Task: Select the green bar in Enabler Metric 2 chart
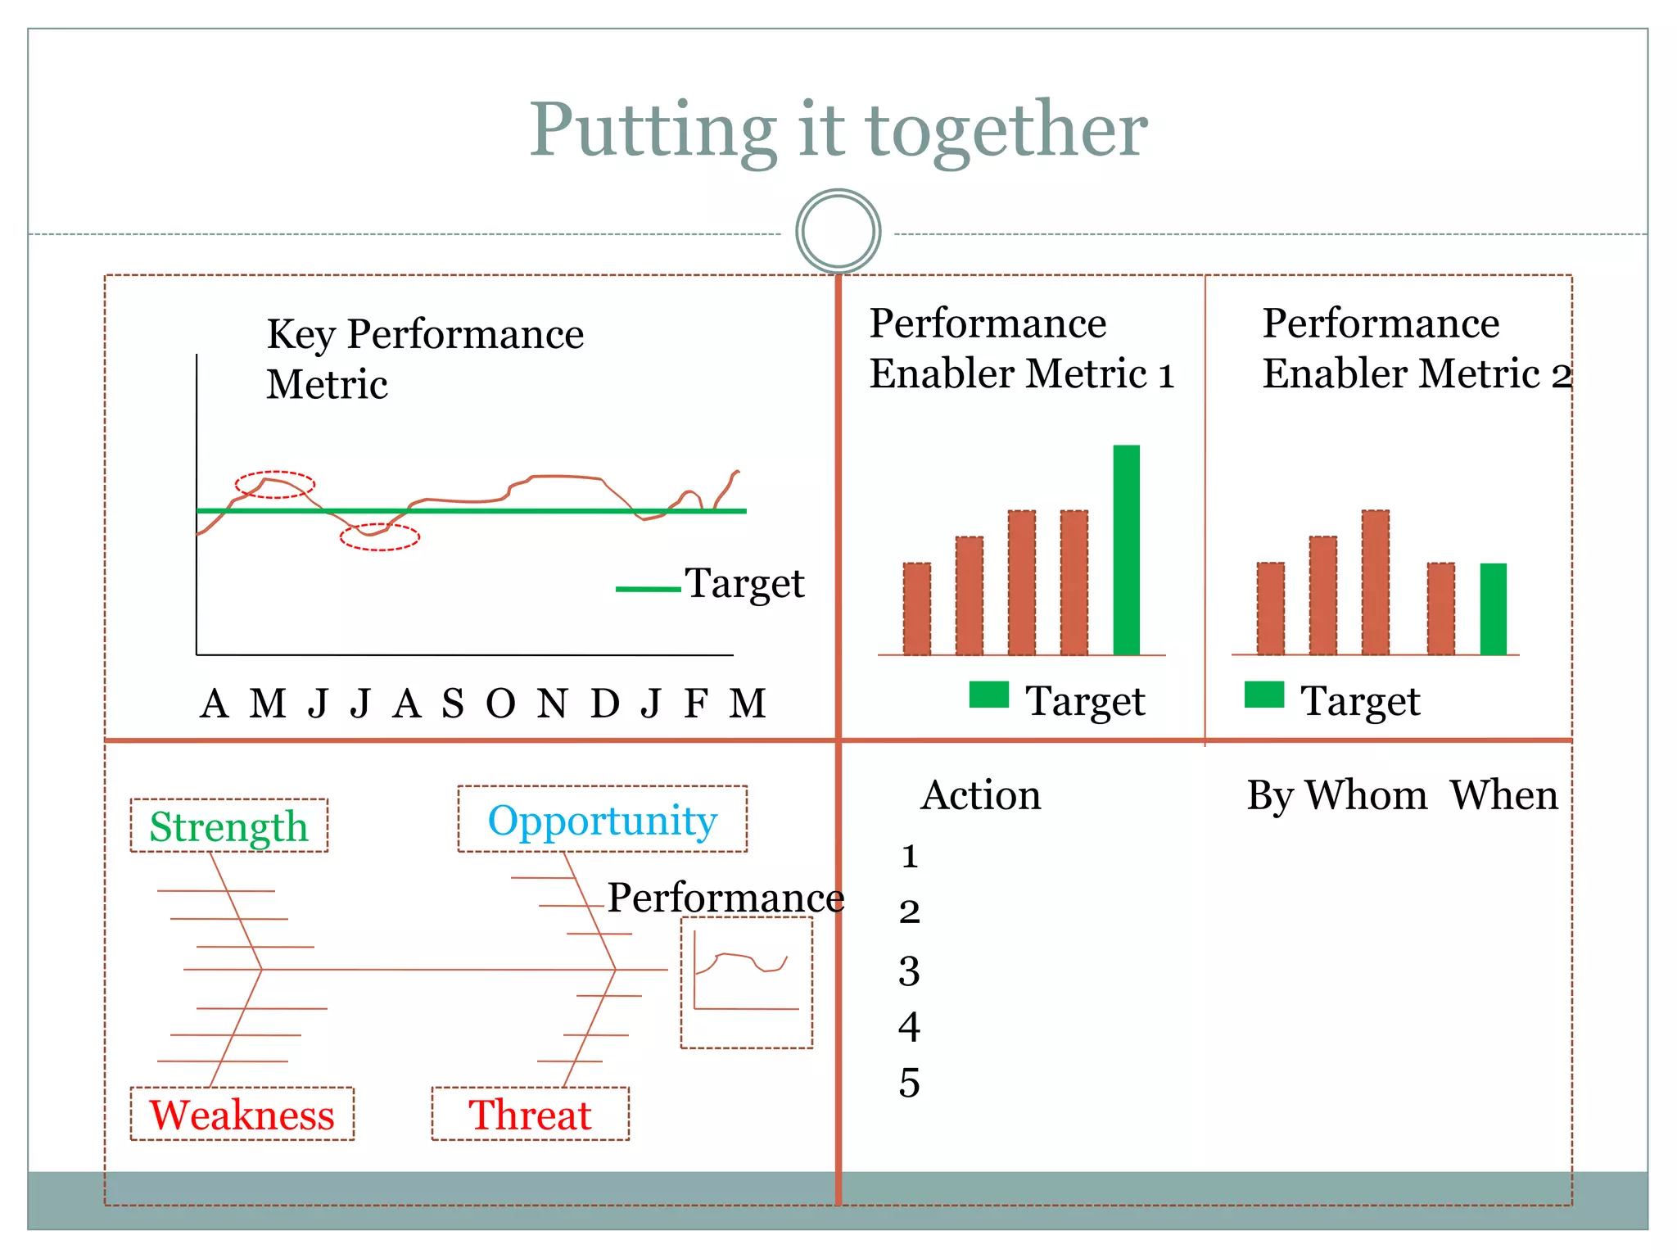[1493, 609]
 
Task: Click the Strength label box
[229, 826]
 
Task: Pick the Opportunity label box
[602, 820]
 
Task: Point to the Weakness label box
[242, 1114]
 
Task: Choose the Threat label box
[530, 1114]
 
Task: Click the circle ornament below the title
[838, 231]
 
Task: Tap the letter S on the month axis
[453, 704]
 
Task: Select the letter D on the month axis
[605, 704]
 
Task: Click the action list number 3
[909, 971]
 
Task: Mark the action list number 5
[909, 1083]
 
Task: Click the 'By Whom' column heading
[1336, 795]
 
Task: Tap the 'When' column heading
[1503, 795]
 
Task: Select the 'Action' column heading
[981, 795]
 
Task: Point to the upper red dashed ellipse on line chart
[275, 485]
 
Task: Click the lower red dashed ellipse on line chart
[380, 537]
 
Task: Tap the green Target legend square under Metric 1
[988, 695]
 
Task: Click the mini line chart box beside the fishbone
[747, 983]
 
